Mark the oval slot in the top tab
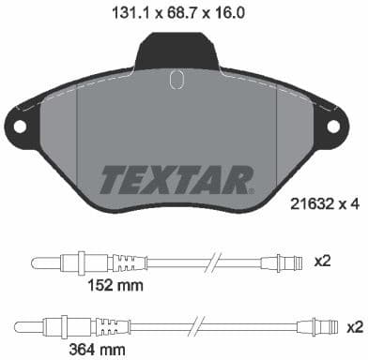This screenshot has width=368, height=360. coord(175,82)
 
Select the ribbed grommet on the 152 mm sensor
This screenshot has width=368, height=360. coord(128,261)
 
